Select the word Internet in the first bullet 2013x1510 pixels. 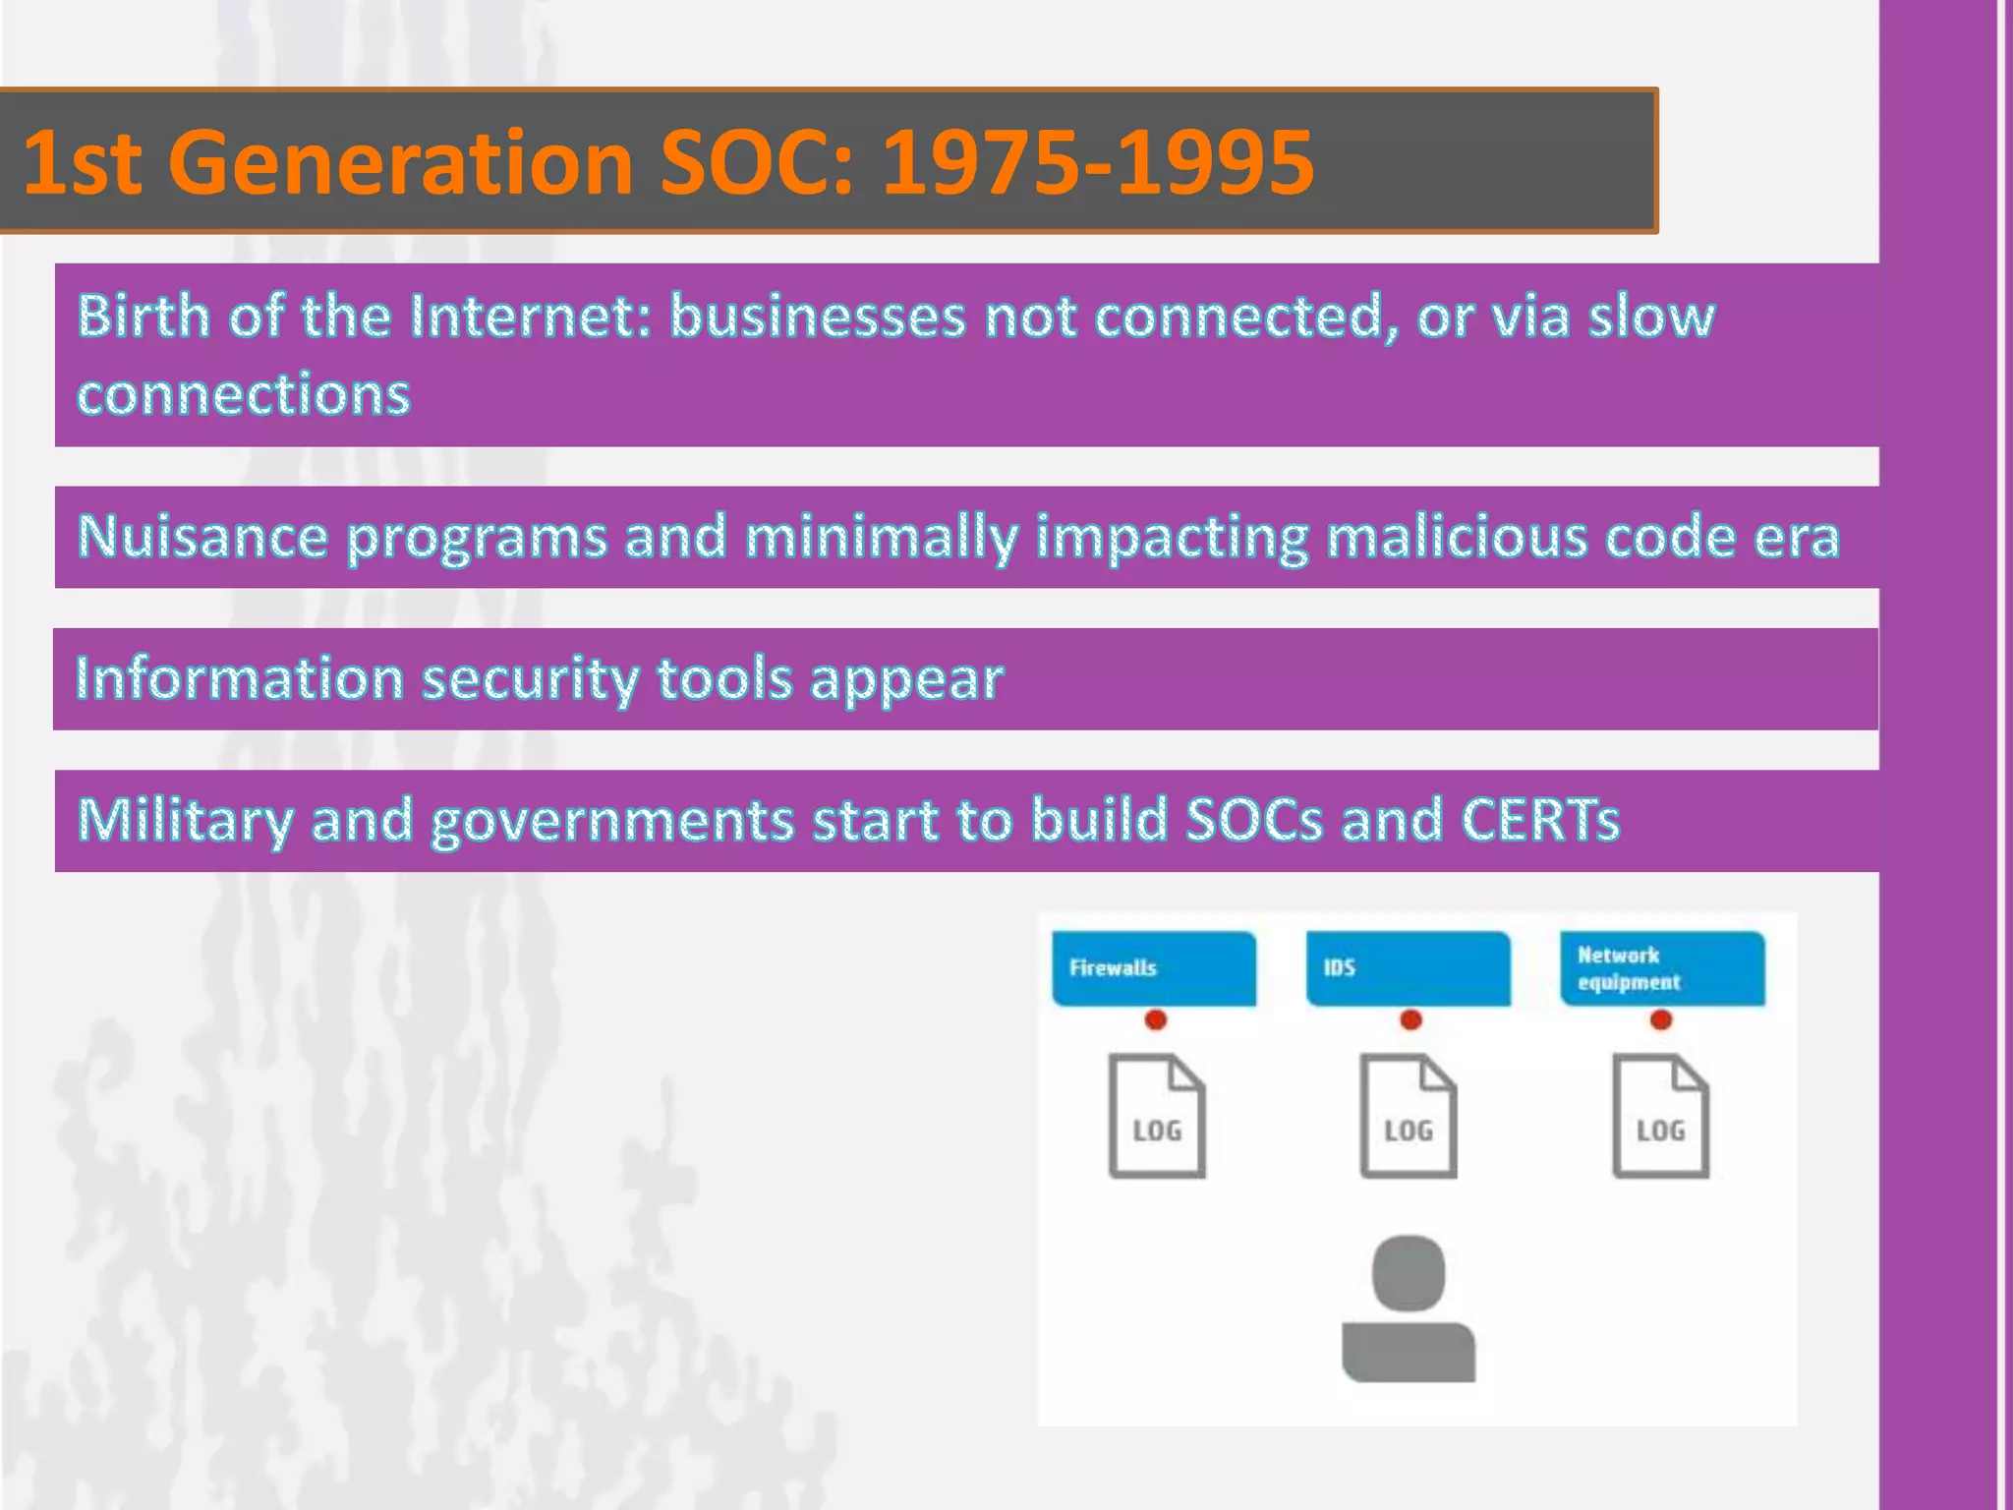point(531,317)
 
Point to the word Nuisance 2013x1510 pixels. point(202,537)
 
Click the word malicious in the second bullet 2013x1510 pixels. point(1456,537)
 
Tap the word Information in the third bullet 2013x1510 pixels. point(240,678)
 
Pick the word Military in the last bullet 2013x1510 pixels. point(185,820)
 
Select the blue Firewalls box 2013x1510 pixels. point(1154,968)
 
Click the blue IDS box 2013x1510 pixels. point(1408,968)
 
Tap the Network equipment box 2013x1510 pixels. point(1662,968)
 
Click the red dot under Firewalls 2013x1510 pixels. point(1156,1020)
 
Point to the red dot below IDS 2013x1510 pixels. point(1410,1020)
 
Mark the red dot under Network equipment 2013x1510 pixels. point(1661,1020)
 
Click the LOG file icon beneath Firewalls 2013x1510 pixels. point(1157,1117)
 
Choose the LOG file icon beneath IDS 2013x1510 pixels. point(1409,1117)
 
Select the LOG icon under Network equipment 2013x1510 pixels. point(1661,1117)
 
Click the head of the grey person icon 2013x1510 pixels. point(1409,1272)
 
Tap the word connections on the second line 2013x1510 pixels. point(244,395)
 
